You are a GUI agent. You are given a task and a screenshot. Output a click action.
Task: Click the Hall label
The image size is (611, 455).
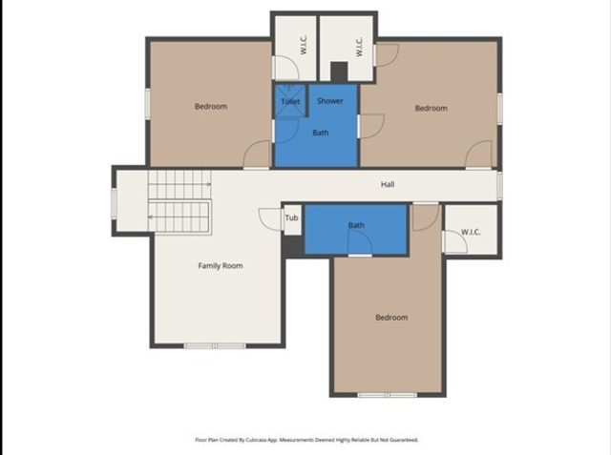(x=388, y=185)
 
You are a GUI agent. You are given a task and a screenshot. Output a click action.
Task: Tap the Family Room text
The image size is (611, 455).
(x=221, y=266)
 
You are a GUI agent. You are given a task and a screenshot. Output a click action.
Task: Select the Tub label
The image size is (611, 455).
(x=291, y=218)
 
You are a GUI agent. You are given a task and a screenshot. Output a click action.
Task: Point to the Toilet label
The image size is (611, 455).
(x=290, y=101)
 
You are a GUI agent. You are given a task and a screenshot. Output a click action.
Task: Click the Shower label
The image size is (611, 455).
(x=330, y=101)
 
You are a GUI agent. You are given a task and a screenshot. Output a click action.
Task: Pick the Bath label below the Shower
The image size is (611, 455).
(x=321, y=133)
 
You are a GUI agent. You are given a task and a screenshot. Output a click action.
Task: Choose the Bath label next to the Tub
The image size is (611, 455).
(x=356, y=226)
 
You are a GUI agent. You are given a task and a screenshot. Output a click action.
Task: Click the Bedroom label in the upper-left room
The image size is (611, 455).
(x=211, y=106)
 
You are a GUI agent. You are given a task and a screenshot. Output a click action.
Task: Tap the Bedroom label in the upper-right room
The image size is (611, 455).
(x=431, y=109)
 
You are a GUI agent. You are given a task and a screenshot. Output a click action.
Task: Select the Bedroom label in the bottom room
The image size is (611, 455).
(x=390, y=318)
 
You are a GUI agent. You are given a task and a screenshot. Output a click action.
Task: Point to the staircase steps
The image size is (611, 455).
(x=179, y=202)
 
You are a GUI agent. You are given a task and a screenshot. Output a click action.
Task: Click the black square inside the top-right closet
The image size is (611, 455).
(x=339, y=72)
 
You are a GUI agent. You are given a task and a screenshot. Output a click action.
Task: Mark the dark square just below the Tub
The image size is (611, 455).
(x=293, y=245)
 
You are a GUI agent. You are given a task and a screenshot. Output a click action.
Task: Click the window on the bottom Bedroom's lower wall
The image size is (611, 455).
(x=387, y=394)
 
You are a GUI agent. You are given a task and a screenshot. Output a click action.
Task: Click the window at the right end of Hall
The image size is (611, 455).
(x=499, y=185)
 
